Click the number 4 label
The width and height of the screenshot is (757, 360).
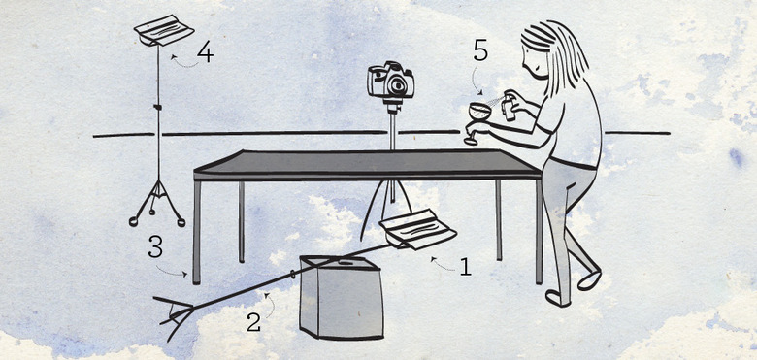pyautogui.click(x=205, y=53)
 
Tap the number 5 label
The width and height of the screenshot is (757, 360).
pyautogui.click(x=480, y=50)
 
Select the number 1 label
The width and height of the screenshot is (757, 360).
pyautogui.click(x=465, y=267)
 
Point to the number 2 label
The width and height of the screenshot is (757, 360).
pyautogui.click(x=254, y=322)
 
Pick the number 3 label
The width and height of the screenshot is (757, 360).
pyautogui.click(x=155, y=246)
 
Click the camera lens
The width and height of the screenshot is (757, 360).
pyautogui.click(x=397, y=85)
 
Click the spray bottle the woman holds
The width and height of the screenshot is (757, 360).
pyautogui.click(x=508, y=105)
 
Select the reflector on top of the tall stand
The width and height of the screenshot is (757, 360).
pyautogui.click(x=164, y=30)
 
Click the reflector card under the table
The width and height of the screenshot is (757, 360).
pyautogui.click(x=418, y=229)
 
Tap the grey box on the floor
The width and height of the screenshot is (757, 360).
pyautogui.click(x=342, y=297)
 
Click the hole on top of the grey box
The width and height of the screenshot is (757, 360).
pyautogui.click(x=346, y=264)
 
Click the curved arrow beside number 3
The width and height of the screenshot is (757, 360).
pyautogui.click(x=172, y=272)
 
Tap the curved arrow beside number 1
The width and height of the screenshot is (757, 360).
pyautogui.click(x=442, y=264)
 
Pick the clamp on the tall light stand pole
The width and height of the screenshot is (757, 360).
pyautogui.click(x=157, y=106)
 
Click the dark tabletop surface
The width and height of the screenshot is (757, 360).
pyautogui.click(x=366, y=163)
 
